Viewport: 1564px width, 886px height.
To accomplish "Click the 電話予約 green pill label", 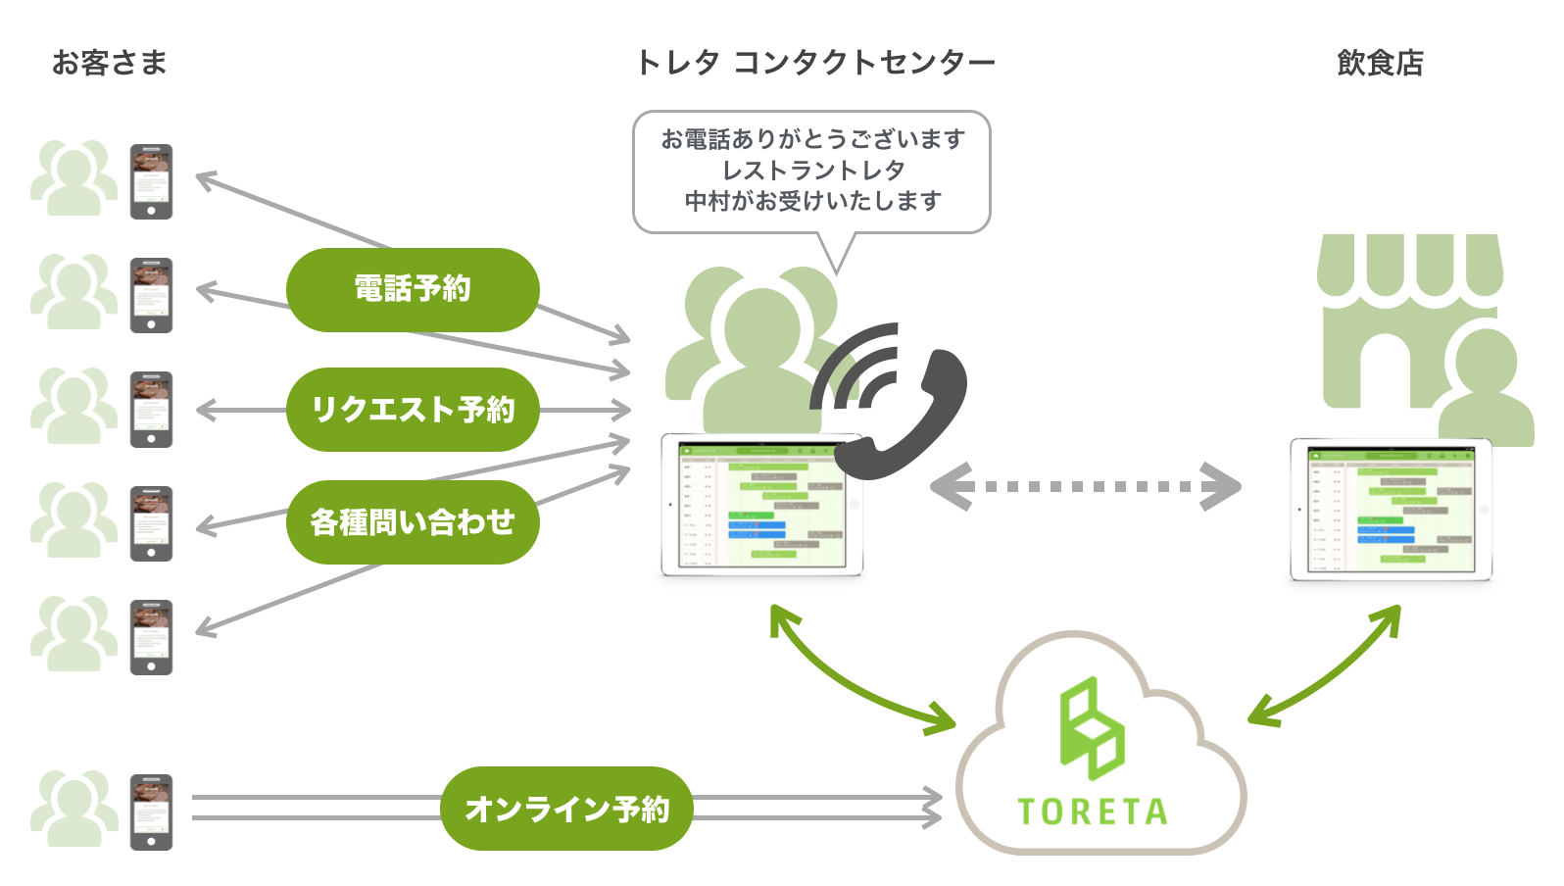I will click(413, 289).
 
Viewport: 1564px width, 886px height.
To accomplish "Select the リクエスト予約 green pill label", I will click(413, 410).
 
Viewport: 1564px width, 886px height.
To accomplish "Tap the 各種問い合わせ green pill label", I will click(413, 522).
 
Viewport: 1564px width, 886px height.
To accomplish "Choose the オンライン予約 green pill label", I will click(566, 809).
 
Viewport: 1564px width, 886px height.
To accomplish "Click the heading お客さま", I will click(110, 63).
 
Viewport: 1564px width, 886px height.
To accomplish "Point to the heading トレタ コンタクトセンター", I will click(815, 63).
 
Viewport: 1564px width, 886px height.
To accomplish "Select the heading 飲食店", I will click(1380, 63).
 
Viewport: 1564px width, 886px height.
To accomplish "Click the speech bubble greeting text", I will click(812, 171).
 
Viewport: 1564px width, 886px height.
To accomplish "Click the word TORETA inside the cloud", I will click(1093, 812).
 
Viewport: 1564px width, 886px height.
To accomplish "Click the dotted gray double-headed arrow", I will click(1086, 486).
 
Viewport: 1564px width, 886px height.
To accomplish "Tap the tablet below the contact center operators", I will click(762, 504).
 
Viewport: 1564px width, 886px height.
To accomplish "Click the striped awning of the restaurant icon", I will click(1409, 265).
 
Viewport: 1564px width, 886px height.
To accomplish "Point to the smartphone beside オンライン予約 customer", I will click(152, 812).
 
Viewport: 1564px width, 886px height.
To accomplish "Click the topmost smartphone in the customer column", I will click(152, 181).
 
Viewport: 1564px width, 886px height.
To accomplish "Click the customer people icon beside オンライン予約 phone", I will click(73, 809).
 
